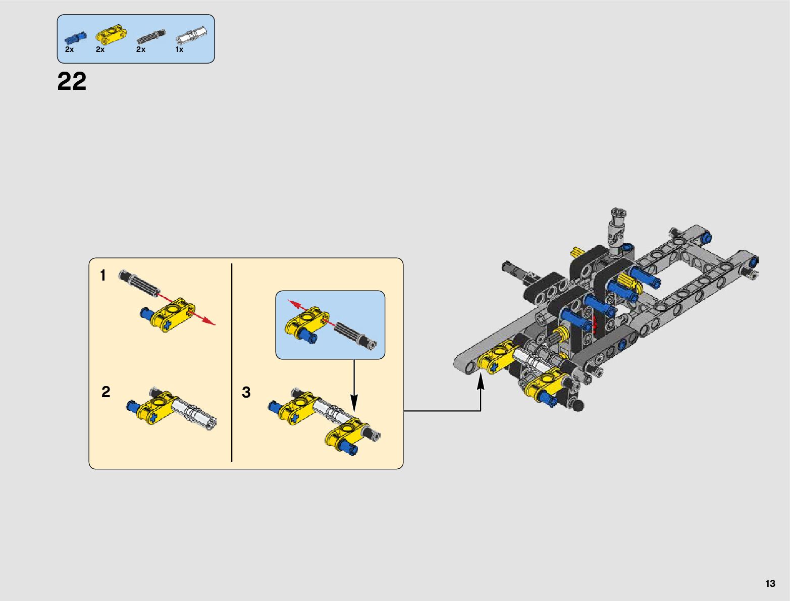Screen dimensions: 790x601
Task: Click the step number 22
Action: pyautogui.click(x=72, y=81)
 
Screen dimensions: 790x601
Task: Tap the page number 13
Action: pyautogui.click(x=770, y=583)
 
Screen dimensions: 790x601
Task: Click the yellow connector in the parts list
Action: pyautogui.click(x=111, y=35)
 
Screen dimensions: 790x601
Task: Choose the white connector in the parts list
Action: pyautogui.click(x=191, y=36)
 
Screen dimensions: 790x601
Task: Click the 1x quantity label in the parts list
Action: pyautogui.click(x=179, y=49)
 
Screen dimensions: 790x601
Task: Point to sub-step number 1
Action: pyautogui.click(x=103, y=276)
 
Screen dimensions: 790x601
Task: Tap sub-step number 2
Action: pyautogui.click(x=106, y=392)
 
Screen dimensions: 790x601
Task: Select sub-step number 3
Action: pyautogui.click(x=246, y=392)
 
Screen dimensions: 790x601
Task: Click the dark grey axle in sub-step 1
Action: pyautogui.click(x=140, y=283)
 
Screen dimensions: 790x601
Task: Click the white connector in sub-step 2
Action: pyautogui.click(x=194, y=413)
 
